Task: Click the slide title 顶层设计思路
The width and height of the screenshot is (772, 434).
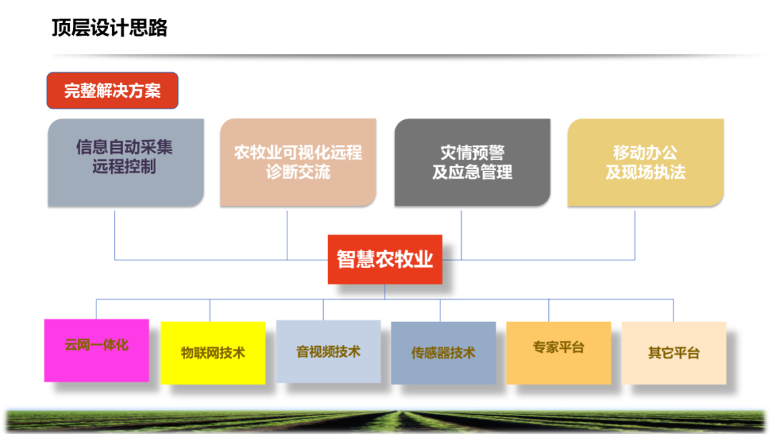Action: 109,28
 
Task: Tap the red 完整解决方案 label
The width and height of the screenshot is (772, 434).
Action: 112,91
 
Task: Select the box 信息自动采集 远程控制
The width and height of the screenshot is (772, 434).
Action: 125,162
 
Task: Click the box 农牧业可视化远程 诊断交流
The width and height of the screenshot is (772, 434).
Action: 297,162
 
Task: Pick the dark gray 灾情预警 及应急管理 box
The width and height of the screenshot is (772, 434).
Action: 472,162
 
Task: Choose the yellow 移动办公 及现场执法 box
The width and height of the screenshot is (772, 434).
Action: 645,162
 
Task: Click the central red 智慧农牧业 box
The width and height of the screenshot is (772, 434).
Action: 385,259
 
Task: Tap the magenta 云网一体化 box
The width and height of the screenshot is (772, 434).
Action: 96,350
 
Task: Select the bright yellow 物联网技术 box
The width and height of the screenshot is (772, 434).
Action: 212,352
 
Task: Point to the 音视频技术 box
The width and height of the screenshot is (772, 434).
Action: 328,351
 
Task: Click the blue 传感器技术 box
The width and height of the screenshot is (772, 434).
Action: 443,352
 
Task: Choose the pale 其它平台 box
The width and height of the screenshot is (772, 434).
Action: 673,352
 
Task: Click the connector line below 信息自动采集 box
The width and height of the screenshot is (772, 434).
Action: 115,233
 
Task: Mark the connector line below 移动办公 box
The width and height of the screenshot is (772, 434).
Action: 635,233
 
